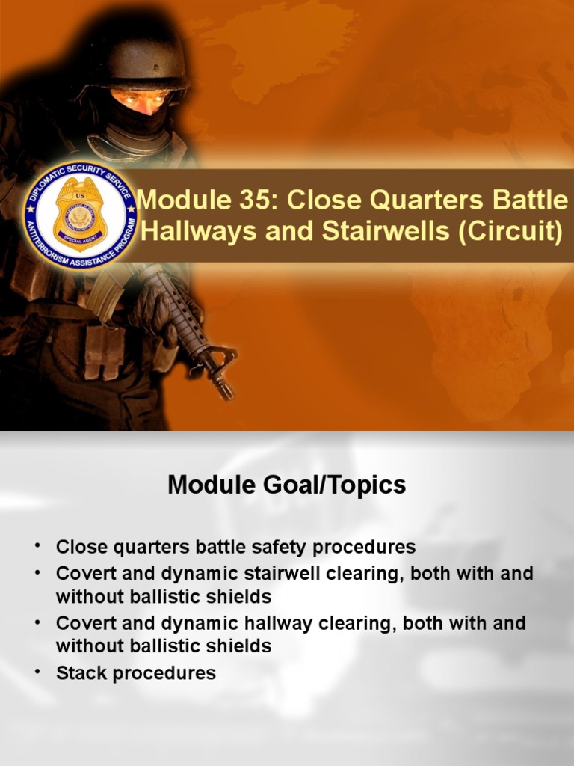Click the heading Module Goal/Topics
point(287,485)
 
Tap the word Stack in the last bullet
point(81,673)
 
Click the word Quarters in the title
point(416,200)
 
